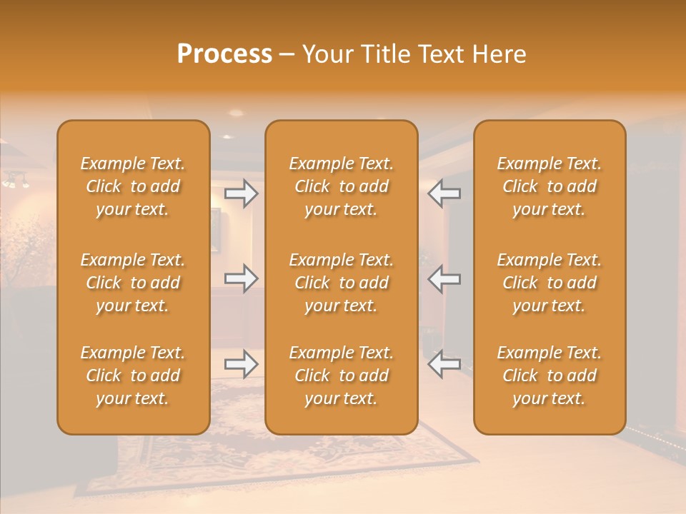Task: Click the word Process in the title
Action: point(224,54)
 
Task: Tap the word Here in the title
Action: point(498,54)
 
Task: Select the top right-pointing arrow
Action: point(242,193)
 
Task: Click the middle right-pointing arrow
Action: point(242,278)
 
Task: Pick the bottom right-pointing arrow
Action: point(242,365)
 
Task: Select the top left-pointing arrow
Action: point(444,193)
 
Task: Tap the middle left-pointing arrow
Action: point(444,278)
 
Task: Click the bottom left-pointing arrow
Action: point(444,365)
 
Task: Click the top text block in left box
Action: point(133,186)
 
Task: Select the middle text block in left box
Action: point(133,283)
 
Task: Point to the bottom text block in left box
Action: point(133,376)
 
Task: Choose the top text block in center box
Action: point(341,186)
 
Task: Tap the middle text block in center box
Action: point(341,283)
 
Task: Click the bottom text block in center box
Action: point(341,376)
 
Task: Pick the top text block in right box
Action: point(549,186)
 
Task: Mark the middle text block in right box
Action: point(549,283)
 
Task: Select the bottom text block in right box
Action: point(549,376)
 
